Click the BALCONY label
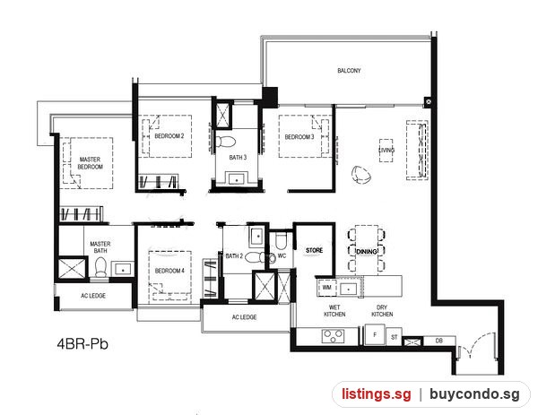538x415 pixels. pos(349,71)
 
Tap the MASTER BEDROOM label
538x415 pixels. pos(91,163)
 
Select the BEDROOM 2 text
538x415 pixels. pos(169,136)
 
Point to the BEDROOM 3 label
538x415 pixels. pos(299,137)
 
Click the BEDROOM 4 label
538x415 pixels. pos(169,271)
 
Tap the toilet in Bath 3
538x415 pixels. pos(225,142)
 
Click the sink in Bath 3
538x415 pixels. pos(236,179)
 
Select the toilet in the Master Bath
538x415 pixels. pos(100,267)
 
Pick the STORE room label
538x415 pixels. pos(315,250)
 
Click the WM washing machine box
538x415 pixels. pos(327,288)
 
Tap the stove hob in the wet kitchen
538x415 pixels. pos(334,336)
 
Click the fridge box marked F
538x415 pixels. pos(375,334)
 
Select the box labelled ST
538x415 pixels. pos(394,337)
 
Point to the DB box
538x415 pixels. pos(439,341)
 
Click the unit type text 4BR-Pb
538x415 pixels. pos(82,343)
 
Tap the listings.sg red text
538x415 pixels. pos(376,394)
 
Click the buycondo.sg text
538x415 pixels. pos(474,394)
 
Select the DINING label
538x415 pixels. pos(367,252)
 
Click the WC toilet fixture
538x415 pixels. pos(281,241)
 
